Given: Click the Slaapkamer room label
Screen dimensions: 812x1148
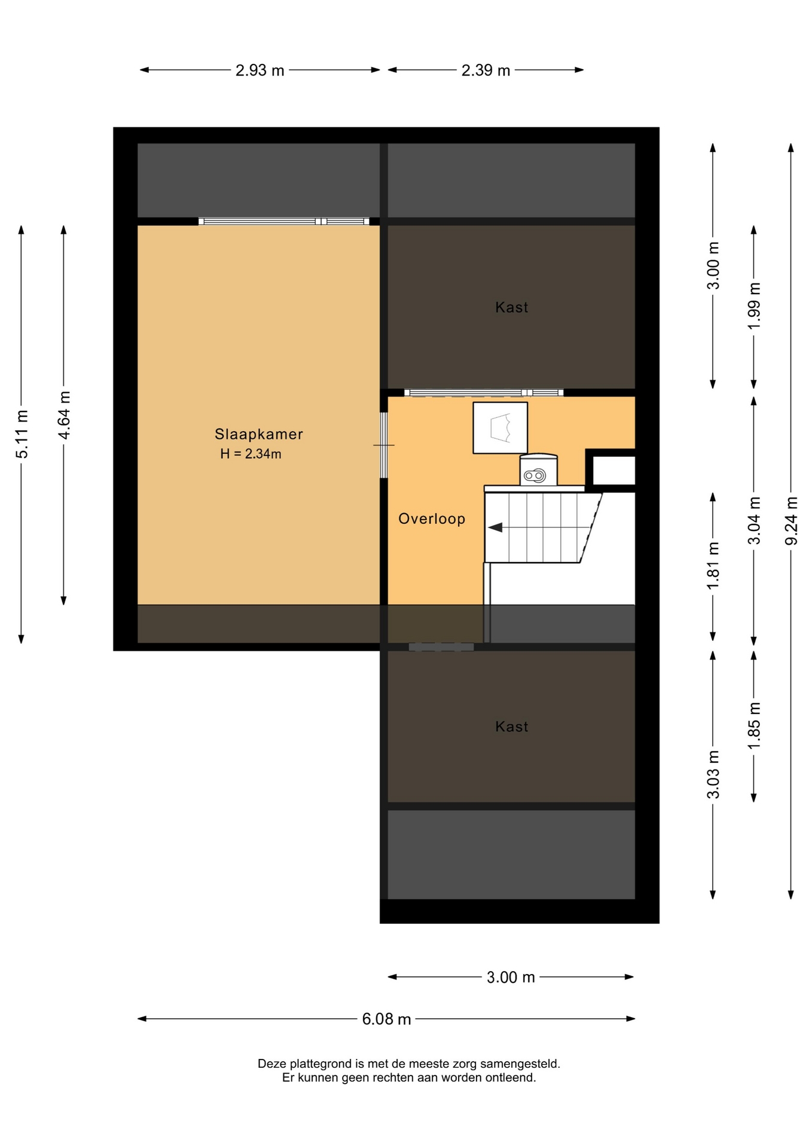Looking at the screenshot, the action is (x=259, y=434).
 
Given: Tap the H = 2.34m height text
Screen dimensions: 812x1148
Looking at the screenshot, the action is (x=251, y=454).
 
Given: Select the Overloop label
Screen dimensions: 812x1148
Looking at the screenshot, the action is (x=432, y=518).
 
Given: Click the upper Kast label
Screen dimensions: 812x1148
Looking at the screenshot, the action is (x=512, y=307).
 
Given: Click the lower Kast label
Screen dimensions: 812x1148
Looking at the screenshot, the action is (x=512, y=726).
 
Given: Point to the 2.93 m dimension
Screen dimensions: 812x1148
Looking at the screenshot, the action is (x=260, y=71).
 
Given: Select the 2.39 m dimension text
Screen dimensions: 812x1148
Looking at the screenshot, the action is (x=486, y=71).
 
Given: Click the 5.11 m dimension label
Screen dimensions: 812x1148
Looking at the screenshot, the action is (x=22, y=435).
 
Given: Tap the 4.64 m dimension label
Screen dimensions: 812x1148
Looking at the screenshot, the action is (x=64, y=415).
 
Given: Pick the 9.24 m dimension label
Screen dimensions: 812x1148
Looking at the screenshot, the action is (x=791, y=521).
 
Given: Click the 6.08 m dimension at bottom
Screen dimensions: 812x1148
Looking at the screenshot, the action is (x=386, y=1019).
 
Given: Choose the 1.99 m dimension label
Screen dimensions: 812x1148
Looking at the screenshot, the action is (x=754, y=305).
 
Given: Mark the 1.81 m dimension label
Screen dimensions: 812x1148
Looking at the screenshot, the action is (x=713, y=566).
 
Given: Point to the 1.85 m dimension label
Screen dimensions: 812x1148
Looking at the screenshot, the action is (x=754, y=726).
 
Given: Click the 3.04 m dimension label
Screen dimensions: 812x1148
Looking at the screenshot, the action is (x=754, y=521).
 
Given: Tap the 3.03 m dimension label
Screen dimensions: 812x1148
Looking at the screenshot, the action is (x=713, y=774).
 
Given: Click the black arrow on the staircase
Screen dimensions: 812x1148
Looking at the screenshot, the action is (x=495, y=527).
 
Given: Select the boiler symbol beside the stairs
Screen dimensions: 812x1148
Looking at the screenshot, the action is (x=538, y=470).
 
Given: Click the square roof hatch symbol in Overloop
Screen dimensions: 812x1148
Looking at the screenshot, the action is (x=500, y=428).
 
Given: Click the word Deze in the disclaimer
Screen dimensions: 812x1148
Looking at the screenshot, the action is (x=272, y=1064).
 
